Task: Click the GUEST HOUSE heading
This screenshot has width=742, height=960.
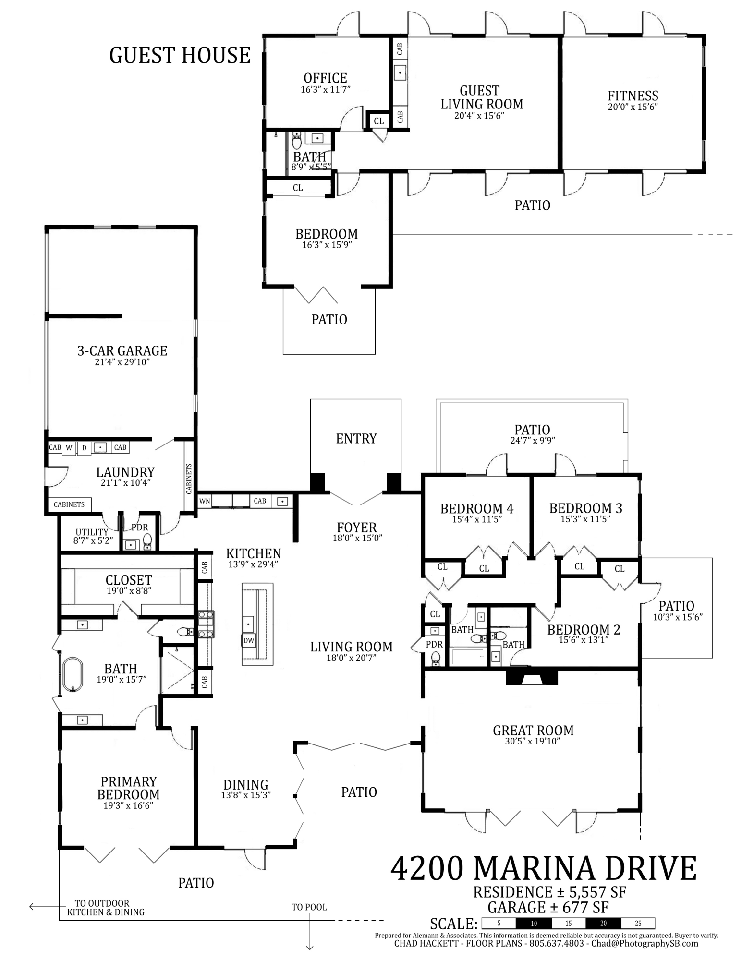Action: [x=180, y=55]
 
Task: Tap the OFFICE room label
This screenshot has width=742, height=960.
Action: [x=325, y=78]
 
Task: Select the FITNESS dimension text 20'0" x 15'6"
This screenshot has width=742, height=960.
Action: [x=632, y=107]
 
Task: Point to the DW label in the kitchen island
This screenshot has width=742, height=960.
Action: [x=248, y=640]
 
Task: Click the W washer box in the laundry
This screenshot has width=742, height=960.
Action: [x=69, y=448]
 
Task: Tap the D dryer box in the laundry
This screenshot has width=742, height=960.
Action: [x=84, y=448]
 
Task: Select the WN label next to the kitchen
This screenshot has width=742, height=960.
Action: [x=205, y=501]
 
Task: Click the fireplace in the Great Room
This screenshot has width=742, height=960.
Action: [x=532, y=677]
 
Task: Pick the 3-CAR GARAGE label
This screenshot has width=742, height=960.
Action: [x=122, y=351]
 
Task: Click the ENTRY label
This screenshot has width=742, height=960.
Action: [x=356, y=438]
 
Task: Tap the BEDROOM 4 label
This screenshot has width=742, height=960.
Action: [x=476, y=508]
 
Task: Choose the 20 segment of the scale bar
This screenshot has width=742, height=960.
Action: [x=603, y=923]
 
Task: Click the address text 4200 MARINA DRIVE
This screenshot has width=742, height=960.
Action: [x=544, y=868]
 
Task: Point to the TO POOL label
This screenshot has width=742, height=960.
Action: [x=309, y=907]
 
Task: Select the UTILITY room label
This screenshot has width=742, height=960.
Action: [x=91, y=532]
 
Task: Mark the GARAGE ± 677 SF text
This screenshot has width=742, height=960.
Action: [x=548, y=908]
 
